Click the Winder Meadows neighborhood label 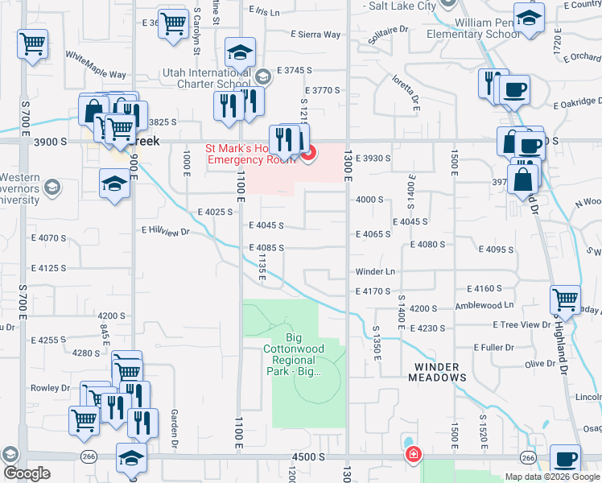(439, 371)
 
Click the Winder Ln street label (375, 272)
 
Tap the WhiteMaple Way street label (95, 65)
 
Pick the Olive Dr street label (540, 365)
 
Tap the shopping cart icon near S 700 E (32, 43)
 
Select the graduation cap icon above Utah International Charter (241, 52)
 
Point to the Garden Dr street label (174, 427)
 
